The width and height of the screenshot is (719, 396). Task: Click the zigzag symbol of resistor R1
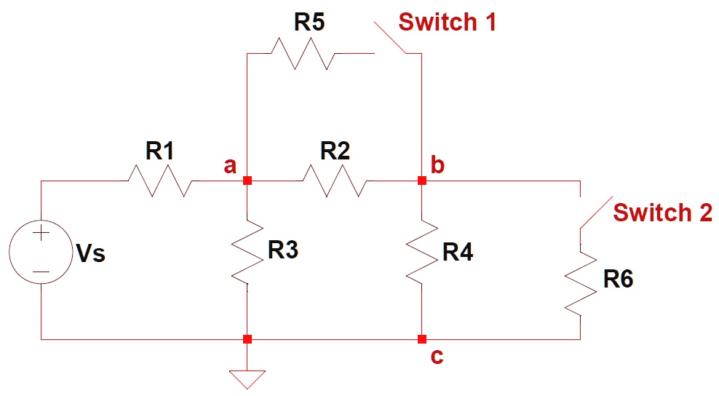coord(161,181)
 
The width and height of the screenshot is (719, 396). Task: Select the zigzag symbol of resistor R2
coord(335,181)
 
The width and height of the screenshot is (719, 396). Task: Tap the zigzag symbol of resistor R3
coord(247,251)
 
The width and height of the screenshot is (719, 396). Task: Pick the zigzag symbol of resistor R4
coord(421,251)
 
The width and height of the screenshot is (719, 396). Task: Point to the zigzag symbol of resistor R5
coord(302,53)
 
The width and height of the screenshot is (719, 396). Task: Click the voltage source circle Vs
coord(41,253)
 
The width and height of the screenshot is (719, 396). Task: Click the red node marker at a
coord(247,181)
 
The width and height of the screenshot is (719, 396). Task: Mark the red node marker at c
coord(421,339)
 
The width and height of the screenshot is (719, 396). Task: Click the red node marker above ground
coord(247,339)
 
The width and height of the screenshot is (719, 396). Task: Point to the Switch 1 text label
coord(447,22)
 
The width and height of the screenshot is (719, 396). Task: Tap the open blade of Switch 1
coord(391,38)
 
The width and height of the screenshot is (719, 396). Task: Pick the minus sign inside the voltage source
coord(41,274)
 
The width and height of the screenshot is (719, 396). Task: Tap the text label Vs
coord(90,254)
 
